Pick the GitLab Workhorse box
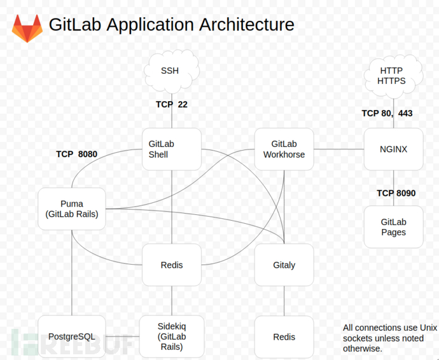coord(284,149)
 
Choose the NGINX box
coord(393,149)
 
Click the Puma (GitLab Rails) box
coord(71,209)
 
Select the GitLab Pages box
coord(393,227)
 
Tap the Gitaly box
coord(284,265)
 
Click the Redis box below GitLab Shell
coord(172,265)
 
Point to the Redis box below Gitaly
coord(284,336)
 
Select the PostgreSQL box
coord(71,336)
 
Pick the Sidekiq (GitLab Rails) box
coord(172,336)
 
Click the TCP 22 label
coord(172,104)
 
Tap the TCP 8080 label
coord(76,154)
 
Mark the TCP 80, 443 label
coord(387,113)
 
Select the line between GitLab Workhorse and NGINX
coord(338,149)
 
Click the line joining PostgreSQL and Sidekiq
coord(122,336)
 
